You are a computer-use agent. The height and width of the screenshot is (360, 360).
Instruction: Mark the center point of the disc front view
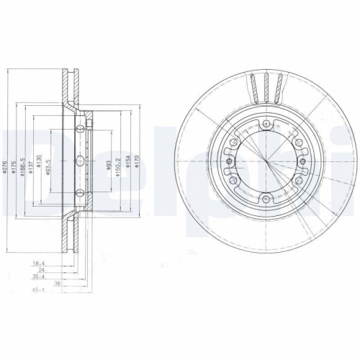(x=266, y=161)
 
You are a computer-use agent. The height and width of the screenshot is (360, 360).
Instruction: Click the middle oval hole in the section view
(x=79, y=161)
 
